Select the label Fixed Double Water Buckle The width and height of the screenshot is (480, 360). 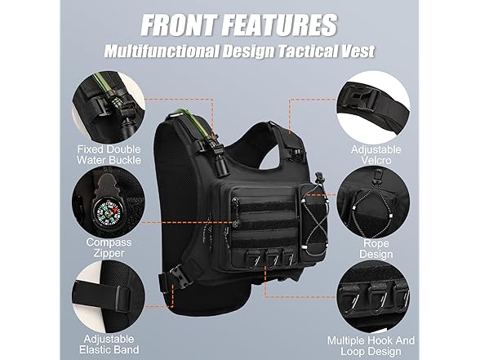pyautogui.click(x=109, y=154)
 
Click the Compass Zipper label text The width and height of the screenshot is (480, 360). pyautogui.click(x=109, y=247)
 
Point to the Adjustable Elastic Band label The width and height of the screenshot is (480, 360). pyautogui.click(x=109, y=344)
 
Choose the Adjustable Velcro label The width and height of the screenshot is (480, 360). pyautogui.click(x=376, y=154)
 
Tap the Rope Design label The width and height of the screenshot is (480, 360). pyautogui.click(x=376, y=248)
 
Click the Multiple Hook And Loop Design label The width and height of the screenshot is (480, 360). pyautogui.click(x=371, y=345)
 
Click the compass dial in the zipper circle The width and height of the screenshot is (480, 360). pyautogui.click(x=106, y=212)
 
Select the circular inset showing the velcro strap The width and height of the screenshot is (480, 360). pyautogui.click(x=373, y=109)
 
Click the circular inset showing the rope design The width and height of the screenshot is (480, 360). pyautogui.click(x=374, y=203)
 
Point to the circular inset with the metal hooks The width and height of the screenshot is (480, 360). pyautogui.click(x=373, y=299)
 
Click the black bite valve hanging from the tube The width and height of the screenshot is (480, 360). pyautogui.click(x=220, y=166)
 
